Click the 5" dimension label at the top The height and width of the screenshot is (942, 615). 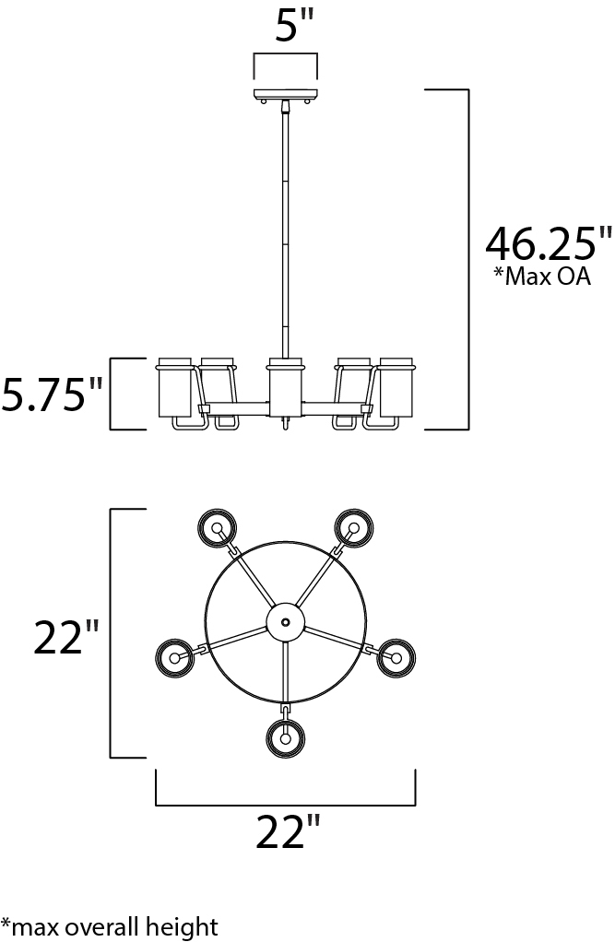coord(294,26)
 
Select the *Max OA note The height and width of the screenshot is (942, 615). coord(541,276)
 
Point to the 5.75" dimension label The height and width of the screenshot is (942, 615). coord(53,394)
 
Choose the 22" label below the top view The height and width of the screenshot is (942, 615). coord(288,832)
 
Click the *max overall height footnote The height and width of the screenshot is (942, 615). coord(109,927)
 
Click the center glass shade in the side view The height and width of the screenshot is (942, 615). coord(285,387)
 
